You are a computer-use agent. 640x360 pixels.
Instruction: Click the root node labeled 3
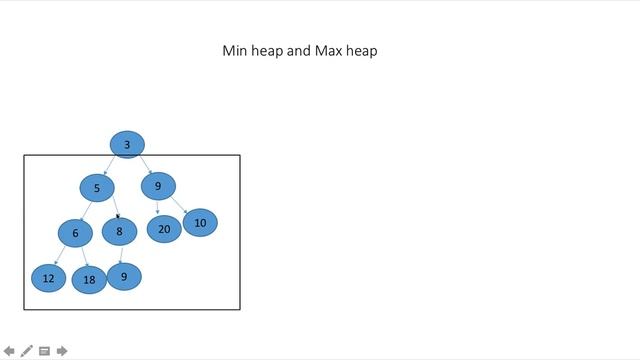pyautogui.click(x=127, y=145)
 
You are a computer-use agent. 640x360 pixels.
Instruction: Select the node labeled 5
pyautogui.click(x=97, y=188)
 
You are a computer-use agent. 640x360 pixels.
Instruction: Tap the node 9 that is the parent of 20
pyautogui.click(x=158, y=186)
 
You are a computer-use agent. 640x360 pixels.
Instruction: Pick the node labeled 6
pyautogui.click(x=75, y=234)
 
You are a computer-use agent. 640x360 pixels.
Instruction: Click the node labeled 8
pyautogui.click(x=119, y=232)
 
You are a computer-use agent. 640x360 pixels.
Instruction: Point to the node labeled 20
pyautogui.click(x=164, y=229)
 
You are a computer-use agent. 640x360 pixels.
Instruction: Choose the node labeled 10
pyautogui.click(x=200, y=223)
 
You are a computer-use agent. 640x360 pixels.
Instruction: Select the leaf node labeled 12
pyautogui.click(x=48, y=278)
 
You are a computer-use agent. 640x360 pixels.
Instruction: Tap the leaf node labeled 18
pyautogui.click(x=89, y=280)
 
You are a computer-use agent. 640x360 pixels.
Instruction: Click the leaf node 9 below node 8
pyautogui.click(x=124, y=276)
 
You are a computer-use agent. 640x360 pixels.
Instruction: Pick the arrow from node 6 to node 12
pyautogui.click(x=61, y=255)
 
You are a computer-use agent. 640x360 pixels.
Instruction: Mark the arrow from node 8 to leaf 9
pyautogui.click(x=121, y=254)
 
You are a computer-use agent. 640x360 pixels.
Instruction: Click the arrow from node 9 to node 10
pyautogui.click(x=180, y=204)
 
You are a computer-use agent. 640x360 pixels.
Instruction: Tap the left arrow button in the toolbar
pyautogui.click(x=9, y=351)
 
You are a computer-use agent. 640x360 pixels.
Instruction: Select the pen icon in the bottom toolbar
pyautogui.click(x=27, y=351)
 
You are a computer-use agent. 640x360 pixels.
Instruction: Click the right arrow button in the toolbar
pyautogui.click(x=62, y=351)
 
